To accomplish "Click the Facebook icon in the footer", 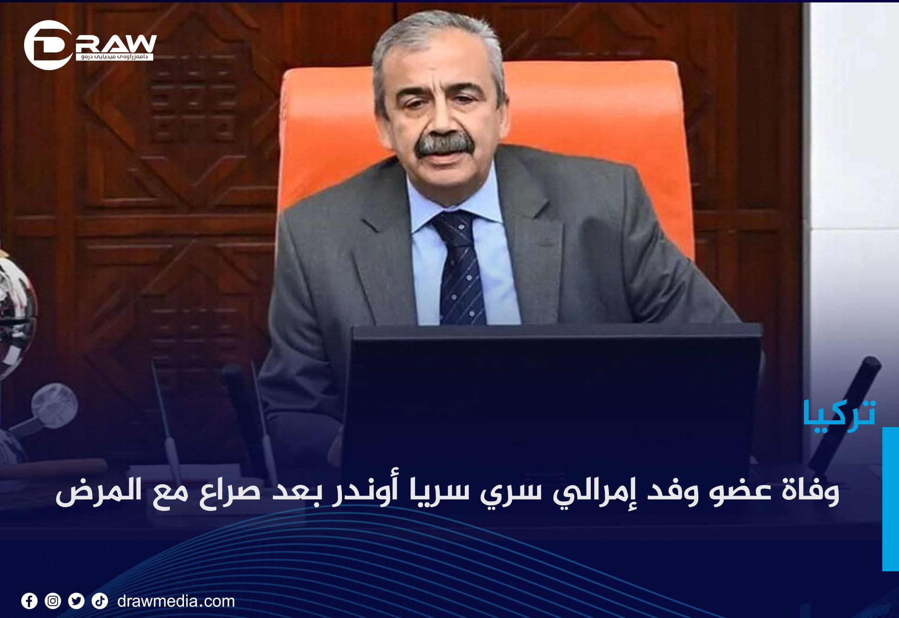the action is click(29, 601).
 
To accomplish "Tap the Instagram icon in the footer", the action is click(53, 601).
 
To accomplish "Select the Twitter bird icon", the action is click(76, 601).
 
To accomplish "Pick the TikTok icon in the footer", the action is click(100, 601).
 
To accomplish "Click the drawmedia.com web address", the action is click(176, 601).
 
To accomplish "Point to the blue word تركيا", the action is click(840, 415).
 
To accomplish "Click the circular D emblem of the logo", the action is click(48, 45).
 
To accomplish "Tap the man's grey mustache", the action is click(444, 145).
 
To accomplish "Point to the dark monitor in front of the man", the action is click(551, 394).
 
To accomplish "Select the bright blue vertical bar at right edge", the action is click(891, 499).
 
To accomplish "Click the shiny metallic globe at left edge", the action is click(16, 315).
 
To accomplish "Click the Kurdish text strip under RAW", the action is click(114, 57).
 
